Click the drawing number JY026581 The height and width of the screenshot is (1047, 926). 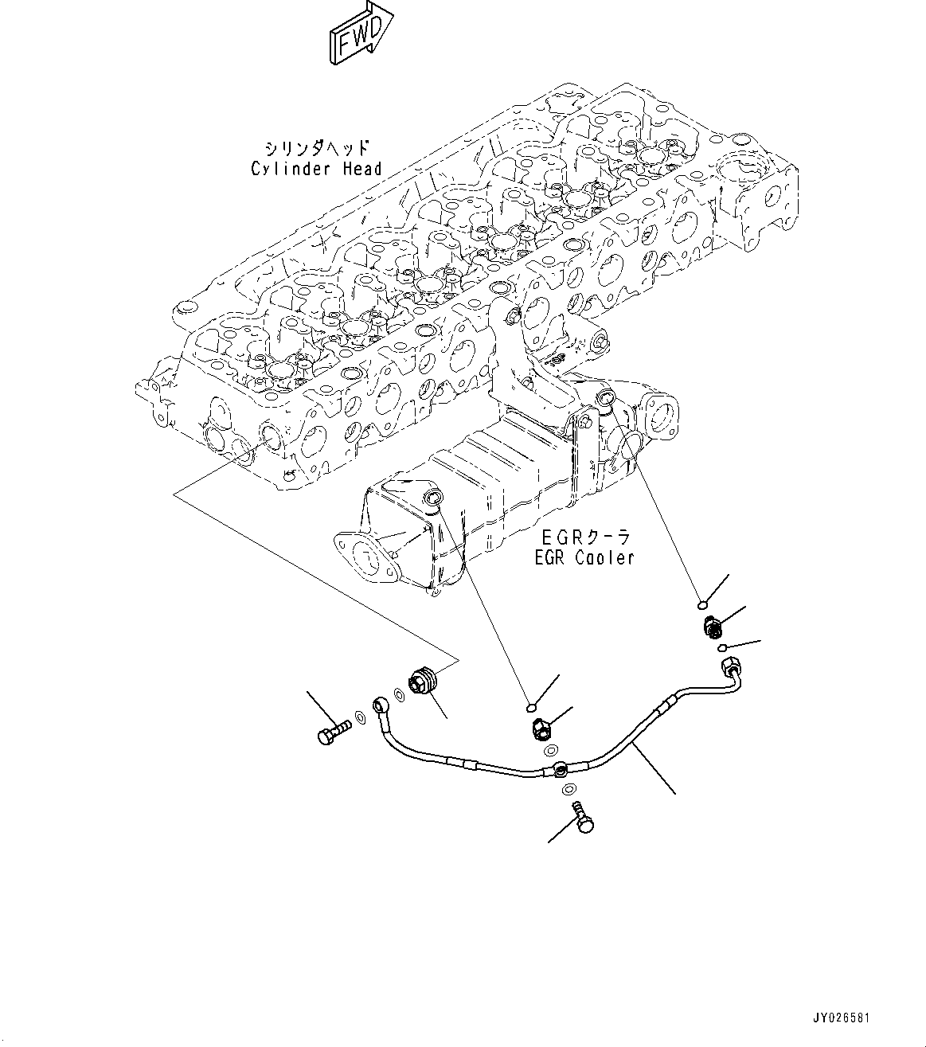[840, 1018]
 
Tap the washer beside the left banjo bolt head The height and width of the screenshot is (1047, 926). [360, 720]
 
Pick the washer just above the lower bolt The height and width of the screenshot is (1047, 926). [566, 790]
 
